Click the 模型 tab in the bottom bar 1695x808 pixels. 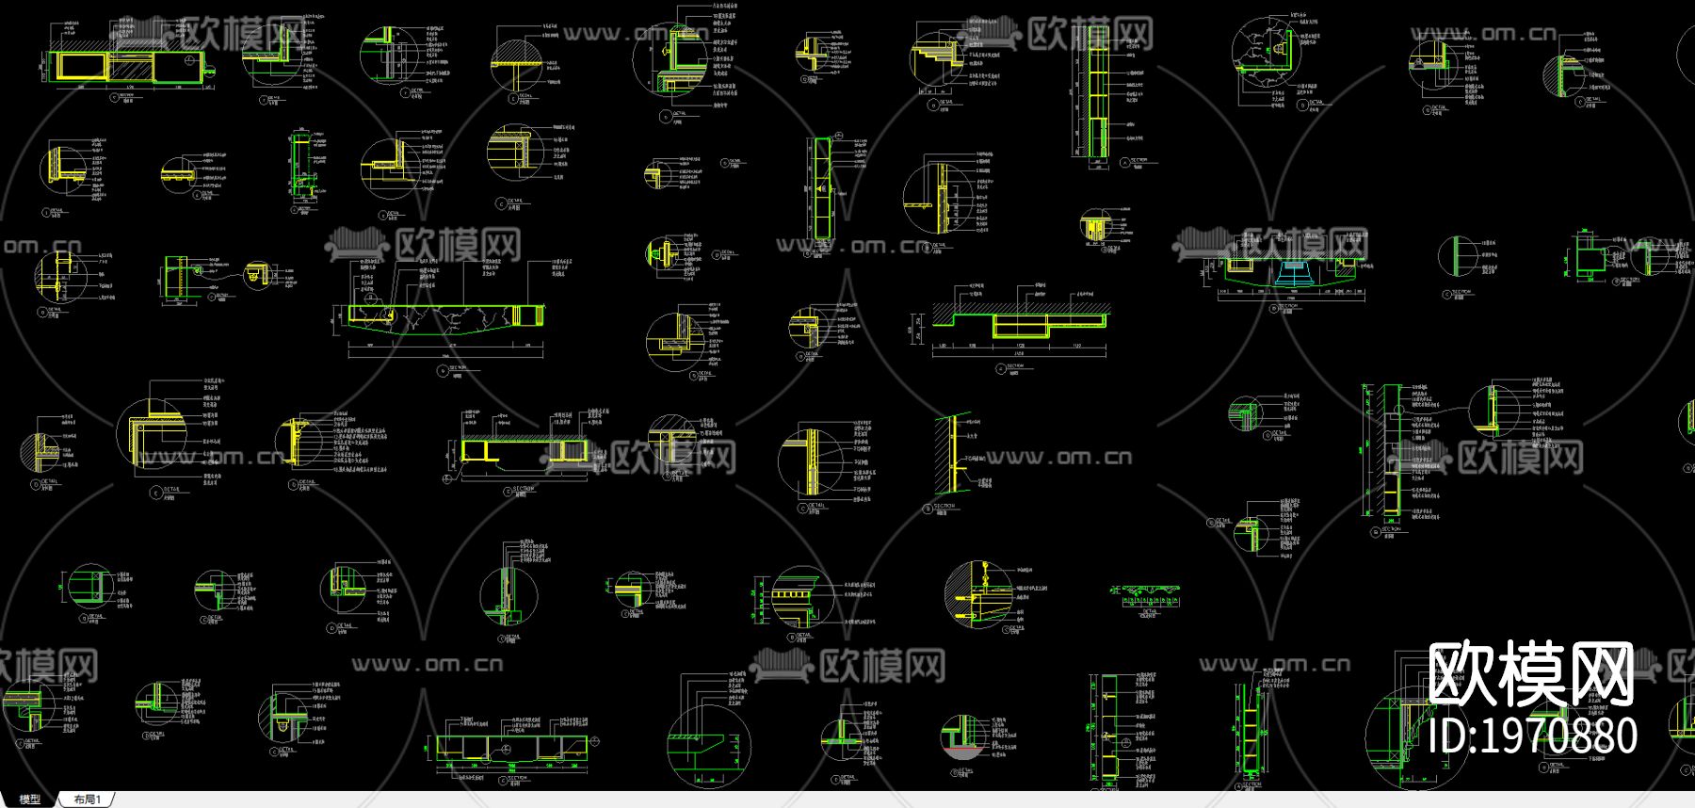[29, 800]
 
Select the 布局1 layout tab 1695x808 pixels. [87, 800]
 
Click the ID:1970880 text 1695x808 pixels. [1532, 735]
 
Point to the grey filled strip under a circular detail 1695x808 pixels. [961, 753]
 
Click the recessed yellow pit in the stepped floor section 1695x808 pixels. [1021, 326]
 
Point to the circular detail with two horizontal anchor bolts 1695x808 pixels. [979, 595]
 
